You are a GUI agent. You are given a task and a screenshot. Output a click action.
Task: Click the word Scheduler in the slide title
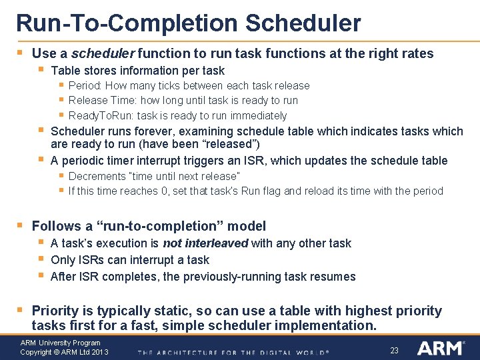click(x=303, y=23)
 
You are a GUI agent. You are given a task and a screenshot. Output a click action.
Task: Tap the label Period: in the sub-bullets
click(x=85, y=86)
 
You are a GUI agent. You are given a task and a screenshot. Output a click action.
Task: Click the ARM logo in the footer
click(x=439, y=347)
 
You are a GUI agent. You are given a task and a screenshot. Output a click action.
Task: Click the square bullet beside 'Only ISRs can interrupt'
click(x=41, y=259)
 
